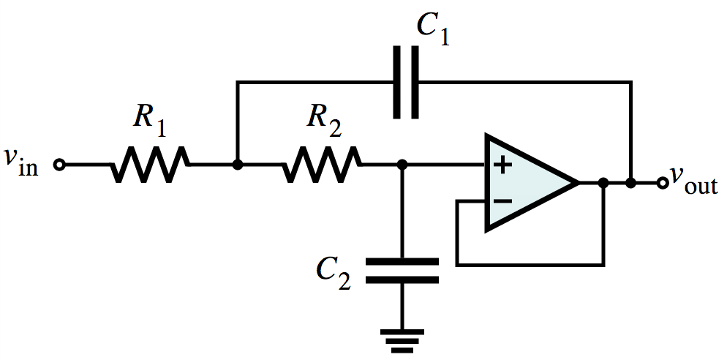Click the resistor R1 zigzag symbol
[x=150, y=164]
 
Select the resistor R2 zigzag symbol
[x=322, y=164]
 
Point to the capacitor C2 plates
[x=402, y=271]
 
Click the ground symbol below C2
[x=402, y=341]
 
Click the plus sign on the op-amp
[x=502, y=165]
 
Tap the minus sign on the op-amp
[x=502, y=201]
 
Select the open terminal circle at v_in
[x=59, y=165]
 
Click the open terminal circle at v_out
[x=663, y=183]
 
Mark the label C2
[x=334, y=273]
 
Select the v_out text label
[x=694, y=181]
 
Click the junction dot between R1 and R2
[x=238, y=164]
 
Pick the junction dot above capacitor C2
[x=402, y=164]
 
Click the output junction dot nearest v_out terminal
[x=630, y=183]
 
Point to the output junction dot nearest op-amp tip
[x=603, y=183]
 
